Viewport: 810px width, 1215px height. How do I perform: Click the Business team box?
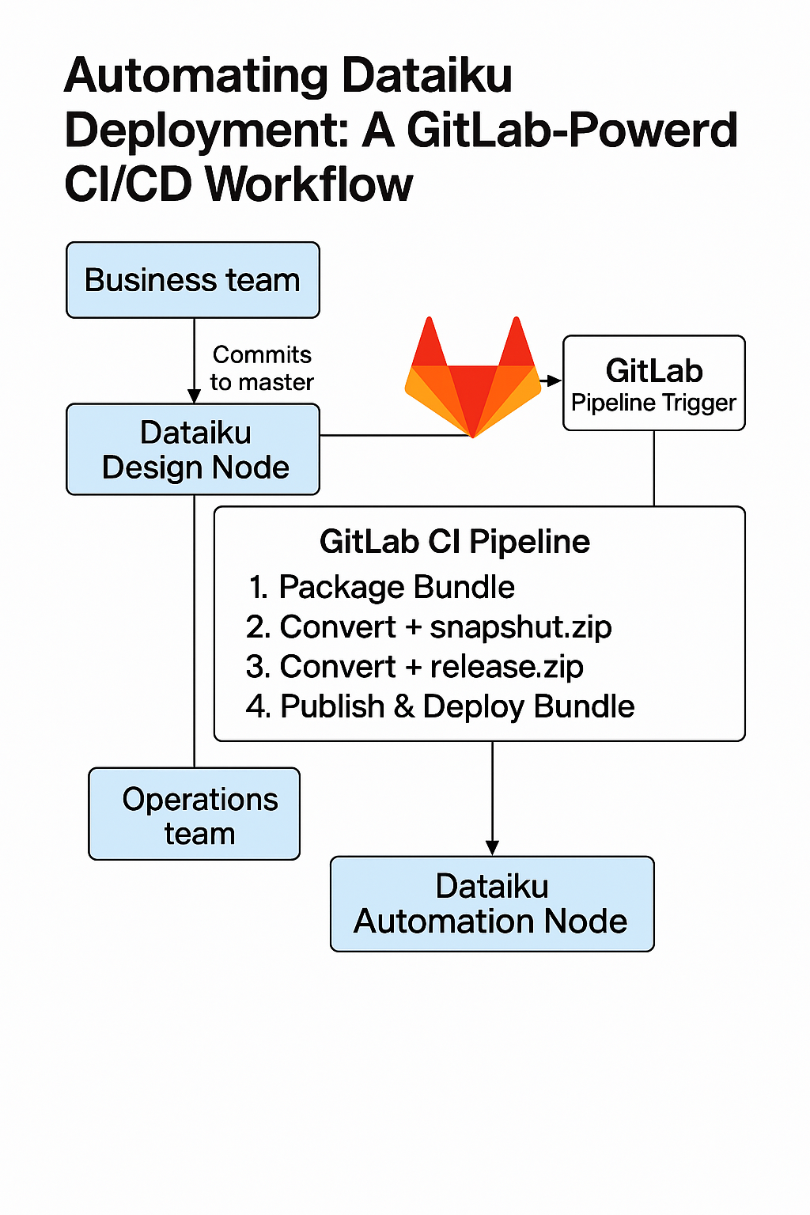(x=192, y=280)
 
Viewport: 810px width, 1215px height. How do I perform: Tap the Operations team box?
(x=195, y=814)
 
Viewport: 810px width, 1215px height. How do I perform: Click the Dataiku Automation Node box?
(x=491, y=903)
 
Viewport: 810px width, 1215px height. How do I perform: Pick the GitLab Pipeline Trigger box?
(x=653, y=384)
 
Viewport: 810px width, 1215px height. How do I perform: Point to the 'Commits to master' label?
(x=262, y=368)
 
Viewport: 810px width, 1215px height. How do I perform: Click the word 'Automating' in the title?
(x=196, y=76)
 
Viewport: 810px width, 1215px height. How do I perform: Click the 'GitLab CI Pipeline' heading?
(x=454, y=542)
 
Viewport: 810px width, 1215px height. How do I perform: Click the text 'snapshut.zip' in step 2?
(x=520, y=626)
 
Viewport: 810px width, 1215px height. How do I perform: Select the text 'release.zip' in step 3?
(x=506, y=667)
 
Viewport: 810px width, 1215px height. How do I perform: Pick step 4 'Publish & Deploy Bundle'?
(x=441, y=706)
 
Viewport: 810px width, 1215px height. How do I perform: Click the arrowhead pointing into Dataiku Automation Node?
(x=492, y=848)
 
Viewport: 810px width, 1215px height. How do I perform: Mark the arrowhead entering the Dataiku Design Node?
(x=194, y=396)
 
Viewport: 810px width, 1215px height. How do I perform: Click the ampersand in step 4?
(x=403, y=706)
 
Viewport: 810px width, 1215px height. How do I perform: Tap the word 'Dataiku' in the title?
(x=427, y=76)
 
